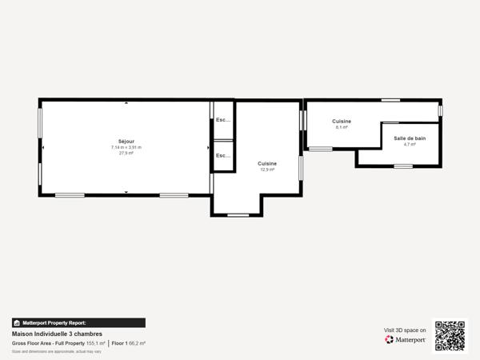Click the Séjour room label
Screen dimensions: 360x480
[x=126, y=141]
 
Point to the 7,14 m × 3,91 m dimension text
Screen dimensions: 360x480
[x=126, y=147]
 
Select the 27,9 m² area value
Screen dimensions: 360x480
[x=126, y=153]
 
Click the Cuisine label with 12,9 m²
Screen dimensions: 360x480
[x=267, y=163]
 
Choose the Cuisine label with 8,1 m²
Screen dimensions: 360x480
[x=342, y=121]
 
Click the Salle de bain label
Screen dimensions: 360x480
[x=410, y=138]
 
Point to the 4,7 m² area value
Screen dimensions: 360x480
[x=410, y=145]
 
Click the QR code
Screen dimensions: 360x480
[x=450, y=335]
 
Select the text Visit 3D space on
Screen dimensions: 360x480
[x=405, y=329]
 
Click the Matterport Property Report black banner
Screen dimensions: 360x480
[x=78, y=322]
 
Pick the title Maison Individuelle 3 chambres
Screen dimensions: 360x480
[x=57, y=334]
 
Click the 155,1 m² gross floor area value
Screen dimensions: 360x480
[x=96, y=343]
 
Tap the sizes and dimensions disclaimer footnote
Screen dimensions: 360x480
[x=56, y=351]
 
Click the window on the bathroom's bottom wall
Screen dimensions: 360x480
[x=403, y=166]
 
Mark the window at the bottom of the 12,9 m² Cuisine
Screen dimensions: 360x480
[x=238, y=214]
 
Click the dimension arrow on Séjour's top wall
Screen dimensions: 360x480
[x=126, y=103]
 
